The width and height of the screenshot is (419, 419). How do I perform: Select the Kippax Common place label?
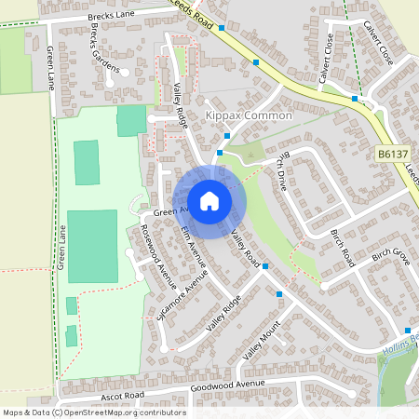point(248,115)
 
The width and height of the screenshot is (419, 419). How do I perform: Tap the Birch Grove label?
point(390,253)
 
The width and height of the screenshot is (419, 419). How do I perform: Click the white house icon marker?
point(209,200)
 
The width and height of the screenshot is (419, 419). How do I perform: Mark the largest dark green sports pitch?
point(92,246)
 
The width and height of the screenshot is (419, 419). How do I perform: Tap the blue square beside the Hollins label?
point(408,331)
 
